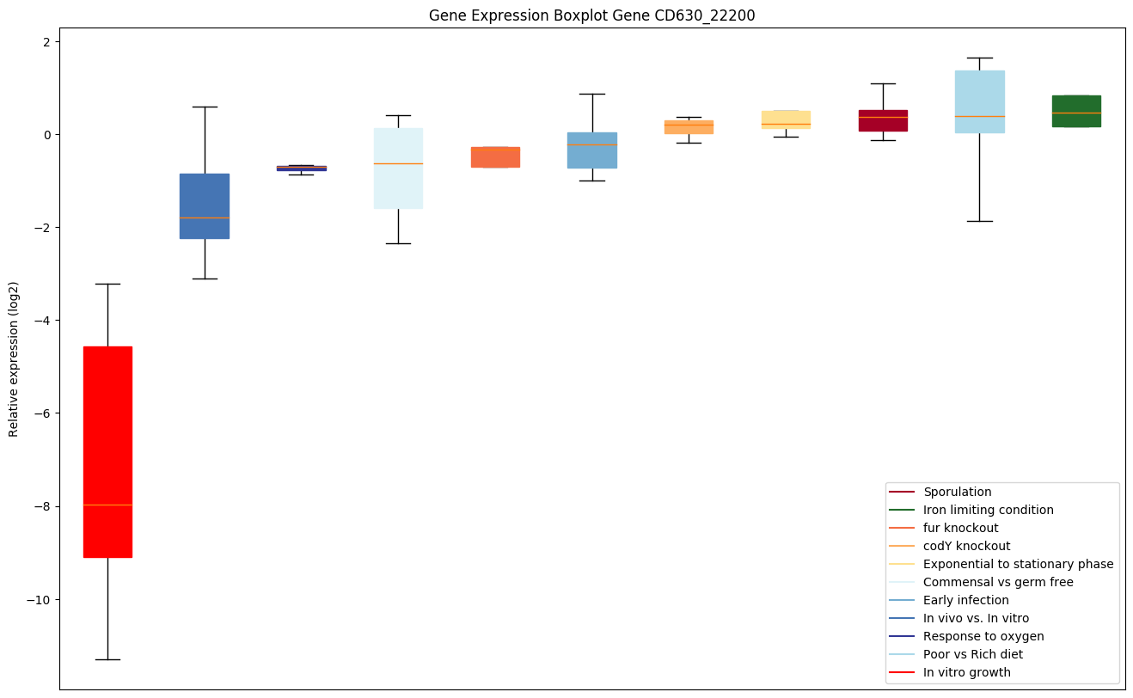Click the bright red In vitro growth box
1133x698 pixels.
point(107,430)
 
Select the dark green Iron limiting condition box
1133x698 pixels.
point(1076,111)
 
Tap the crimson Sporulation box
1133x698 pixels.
point(883,120)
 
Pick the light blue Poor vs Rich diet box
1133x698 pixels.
point(980,95)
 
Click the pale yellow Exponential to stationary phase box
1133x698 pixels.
point(786,119)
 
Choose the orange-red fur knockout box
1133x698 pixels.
point(495,157)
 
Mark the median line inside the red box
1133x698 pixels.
point(107,505)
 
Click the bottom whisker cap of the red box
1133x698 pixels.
point(107,659)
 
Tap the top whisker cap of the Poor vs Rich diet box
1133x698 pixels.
point(980,58)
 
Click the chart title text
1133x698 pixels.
point(591,15)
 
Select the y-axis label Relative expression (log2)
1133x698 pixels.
point(14,359)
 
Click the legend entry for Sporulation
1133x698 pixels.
point(957,492)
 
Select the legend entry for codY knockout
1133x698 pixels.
point(966,546)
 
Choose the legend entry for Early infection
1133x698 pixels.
point(965,600)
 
